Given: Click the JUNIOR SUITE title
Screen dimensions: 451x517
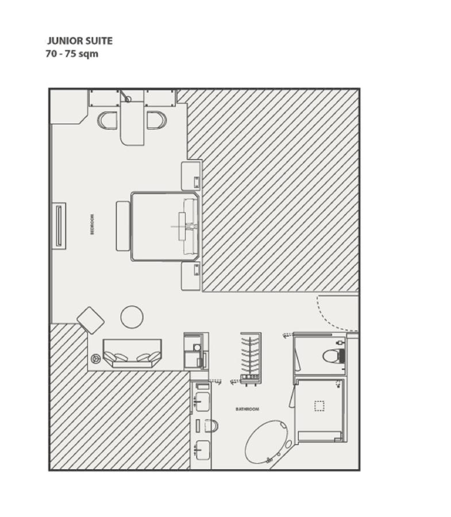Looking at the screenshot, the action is (80, 41).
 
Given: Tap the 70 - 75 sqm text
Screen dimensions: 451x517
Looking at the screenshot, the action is (72, 54).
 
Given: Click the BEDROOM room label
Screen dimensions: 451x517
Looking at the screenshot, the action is (92, 224).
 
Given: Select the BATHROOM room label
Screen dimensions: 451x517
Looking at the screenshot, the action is (247, 409).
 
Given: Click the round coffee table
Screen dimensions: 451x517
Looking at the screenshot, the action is (132, 317).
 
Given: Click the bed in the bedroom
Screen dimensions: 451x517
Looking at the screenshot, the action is (165, 226).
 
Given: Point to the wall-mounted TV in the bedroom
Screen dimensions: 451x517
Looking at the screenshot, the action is (59, 226).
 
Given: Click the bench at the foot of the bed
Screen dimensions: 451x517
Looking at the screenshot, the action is (123, 226).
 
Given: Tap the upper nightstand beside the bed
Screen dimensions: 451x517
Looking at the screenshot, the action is (191, 176).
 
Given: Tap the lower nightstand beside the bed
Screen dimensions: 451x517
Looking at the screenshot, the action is (191, 276).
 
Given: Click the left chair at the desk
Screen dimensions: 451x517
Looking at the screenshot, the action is (107, 121).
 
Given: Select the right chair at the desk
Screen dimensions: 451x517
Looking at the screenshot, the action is (157, 121).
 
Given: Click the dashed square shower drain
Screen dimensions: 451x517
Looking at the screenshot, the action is (319, 406).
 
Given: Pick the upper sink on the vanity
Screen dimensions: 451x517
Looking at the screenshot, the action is (202, 402).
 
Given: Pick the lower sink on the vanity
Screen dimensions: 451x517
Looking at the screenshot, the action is (202, 450).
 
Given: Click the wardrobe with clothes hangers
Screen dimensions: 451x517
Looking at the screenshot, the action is (250, 358).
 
